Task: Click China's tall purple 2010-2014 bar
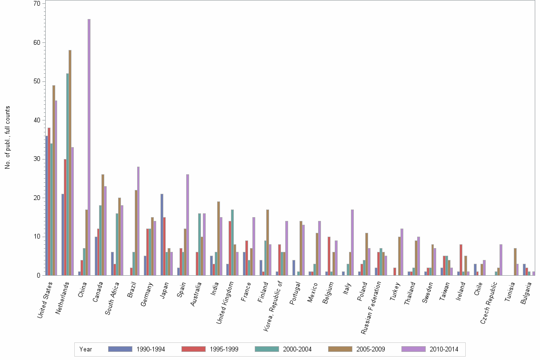tap(89, 148)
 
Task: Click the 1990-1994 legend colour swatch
tap(120, 349)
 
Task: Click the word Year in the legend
tap(86, 350)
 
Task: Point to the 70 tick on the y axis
tap(37, 4)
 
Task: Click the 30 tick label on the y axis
tap(37, 159)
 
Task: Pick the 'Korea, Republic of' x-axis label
tap(275, 305)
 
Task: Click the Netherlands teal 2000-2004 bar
tap(68, 174)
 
